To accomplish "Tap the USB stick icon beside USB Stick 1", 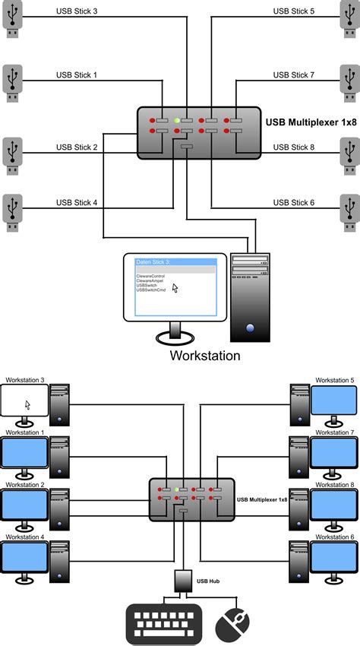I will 12,83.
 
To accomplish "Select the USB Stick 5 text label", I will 292,11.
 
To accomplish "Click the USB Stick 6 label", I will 292,203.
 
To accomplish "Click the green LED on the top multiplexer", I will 177,121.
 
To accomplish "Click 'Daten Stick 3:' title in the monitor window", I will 153,261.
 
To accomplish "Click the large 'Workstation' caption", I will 205,355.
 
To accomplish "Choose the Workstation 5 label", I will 334,380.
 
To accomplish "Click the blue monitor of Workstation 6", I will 334,559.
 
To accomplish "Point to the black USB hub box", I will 182,581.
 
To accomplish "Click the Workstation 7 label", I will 334,432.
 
